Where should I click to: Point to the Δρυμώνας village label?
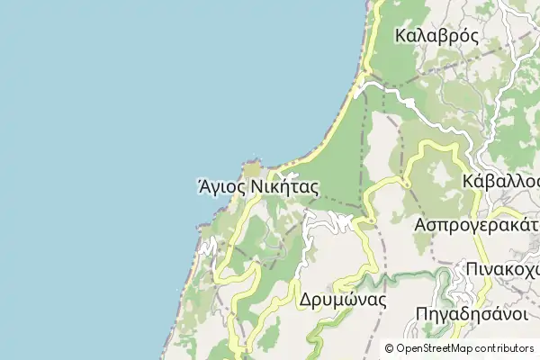pyautogui.click(x=343, y=301)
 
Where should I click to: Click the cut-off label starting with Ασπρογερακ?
pyautogui.click(x=476, y=224)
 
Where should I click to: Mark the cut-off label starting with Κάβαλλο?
pyautogui.click(x=500, y=181)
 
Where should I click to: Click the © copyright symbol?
pyautogui.click(x=389, y=347)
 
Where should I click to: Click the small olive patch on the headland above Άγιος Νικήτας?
pyautogui.click(x=252, y=167)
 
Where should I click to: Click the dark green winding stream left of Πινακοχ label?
pyautogui.click(x=441, y=271)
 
